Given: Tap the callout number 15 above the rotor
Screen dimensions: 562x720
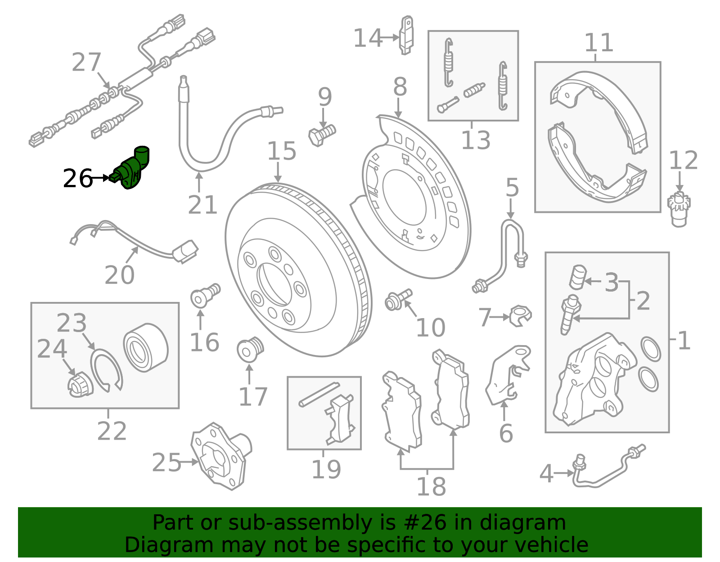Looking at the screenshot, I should (282, 151).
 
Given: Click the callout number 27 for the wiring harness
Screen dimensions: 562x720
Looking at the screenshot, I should (86, 63).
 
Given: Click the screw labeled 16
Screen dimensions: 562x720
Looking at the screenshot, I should (205, 295).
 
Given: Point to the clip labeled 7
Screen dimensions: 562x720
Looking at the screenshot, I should (521, 315).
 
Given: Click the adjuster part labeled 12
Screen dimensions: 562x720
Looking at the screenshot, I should (679, 209).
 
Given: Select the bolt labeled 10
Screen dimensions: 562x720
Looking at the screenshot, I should (398, 299).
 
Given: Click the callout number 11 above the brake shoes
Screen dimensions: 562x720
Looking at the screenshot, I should (598, 43).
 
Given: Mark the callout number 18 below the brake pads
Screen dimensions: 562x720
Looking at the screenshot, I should (431, 487).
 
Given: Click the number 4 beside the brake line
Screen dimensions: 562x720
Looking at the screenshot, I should (546, 474).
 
